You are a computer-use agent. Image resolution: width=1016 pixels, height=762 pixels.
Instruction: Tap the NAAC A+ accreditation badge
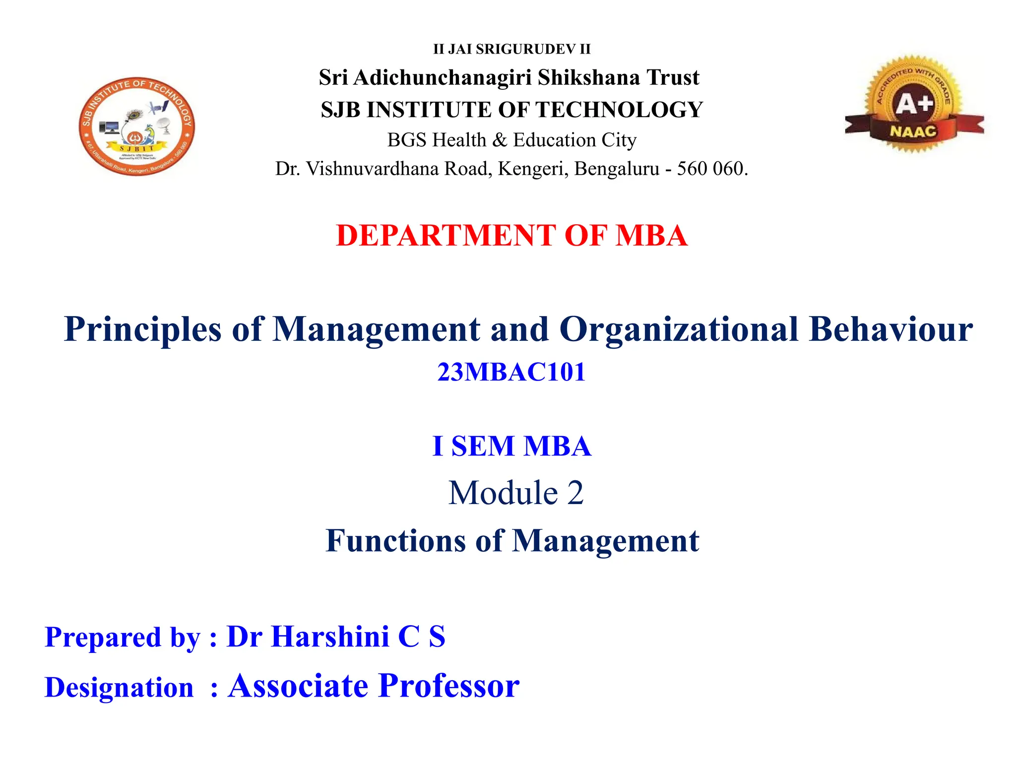click(914, 104)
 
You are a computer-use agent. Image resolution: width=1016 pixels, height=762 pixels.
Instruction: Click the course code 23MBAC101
click(511, 372)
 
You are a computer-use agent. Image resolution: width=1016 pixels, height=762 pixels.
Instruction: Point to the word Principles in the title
click(142, 329)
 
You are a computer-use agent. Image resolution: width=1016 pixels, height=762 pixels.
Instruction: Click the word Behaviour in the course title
click(890, 329)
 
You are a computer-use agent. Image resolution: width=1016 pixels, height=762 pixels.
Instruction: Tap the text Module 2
click(516, 493)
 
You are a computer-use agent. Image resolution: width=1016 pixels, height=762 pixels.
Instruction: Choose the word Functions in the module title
click(395, 541)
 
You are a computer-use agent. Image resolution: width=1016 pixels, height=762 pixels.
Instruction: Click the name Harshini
click(330, 636)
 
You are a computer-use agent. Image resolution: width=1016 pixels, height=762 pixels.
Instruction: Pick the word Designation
click(119, 688)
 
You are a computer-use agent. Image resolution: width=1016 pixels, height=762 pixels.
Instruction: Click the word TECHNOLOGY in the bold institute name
click(620, 110)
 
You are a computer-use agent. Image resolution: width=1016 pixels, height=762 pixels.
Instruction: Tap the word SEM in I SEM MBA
click(482, 446)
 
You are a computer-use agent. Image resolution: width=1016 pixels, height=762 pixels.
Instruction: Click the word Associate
click(298, 686)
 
